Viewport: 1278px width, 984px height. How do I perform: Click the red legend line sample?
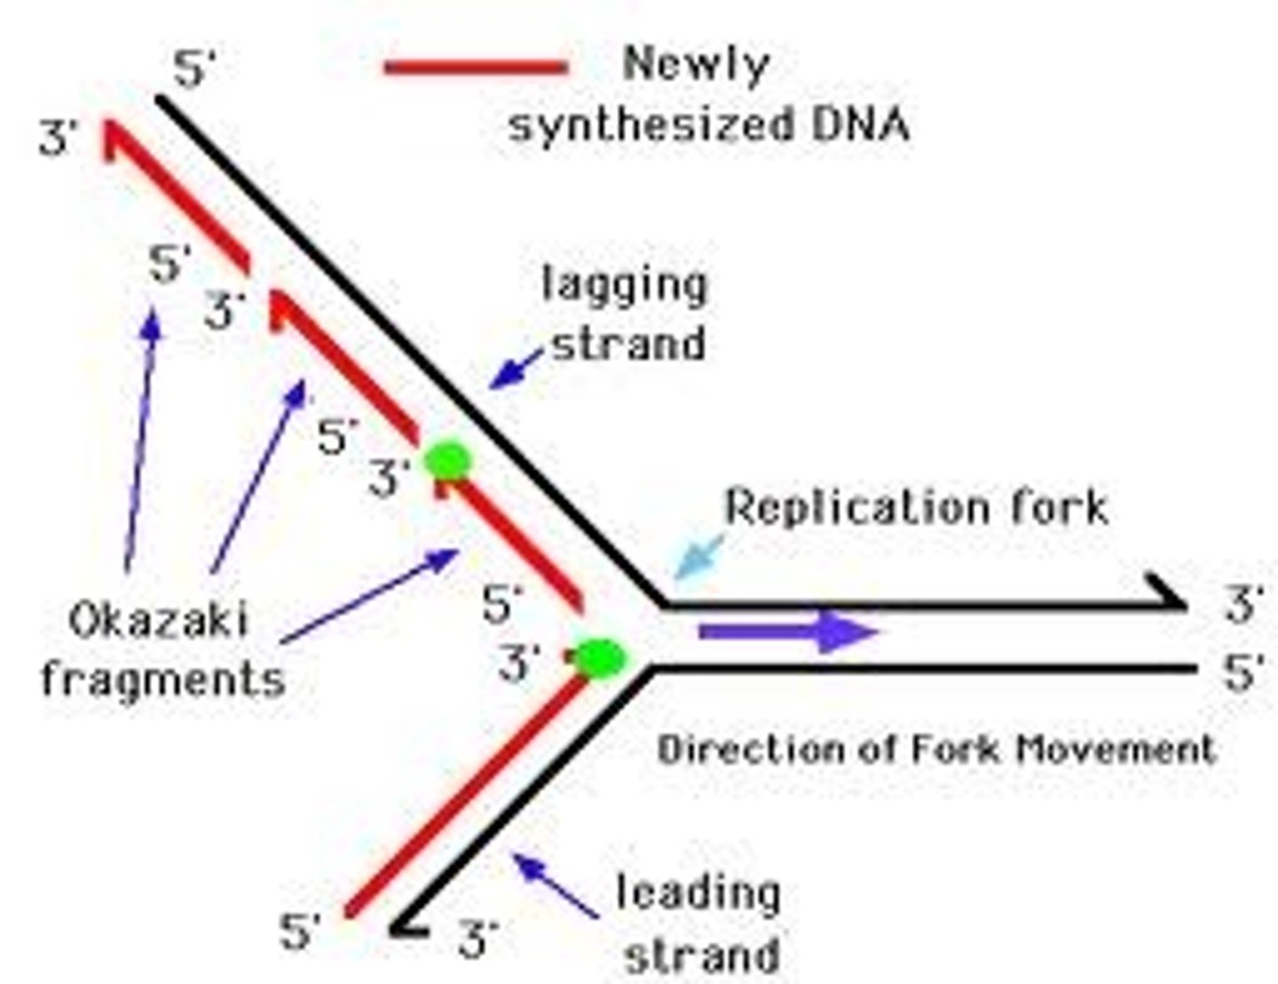click(x=476, y=67)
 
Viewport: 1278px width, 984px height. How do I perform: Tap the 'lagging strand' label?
click(x=625, y=313)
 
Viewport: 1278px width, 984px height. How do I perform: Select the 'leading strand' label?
click(x=699, y=923)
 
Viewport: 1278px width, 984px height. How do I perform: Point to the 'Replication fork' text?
click(x=917, y=507)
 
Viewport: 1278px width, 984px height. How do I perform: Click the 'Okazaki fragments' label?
click(x=162, y=649)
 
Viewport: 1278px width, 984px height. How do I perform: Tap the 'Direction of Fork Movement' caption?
click(x=935, y=749)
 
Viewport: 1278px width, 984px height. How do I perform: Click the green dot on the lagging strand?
click(x=446, y=461)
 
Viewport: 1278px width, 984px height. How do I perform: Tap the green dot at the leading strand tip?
click(x=600, y=657)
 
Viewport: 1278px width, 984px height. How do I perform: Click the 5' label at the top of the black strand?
click(x=194, y=69)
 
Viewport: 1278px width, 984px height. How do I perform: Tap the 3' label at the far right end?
click(x=1242, y=605)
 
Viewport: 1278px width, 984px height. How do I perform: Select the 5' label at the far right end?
click(x=1242, y=672)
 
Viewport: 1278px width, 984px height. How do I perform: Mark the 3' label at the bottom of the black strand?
click(x=477, y=937)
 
